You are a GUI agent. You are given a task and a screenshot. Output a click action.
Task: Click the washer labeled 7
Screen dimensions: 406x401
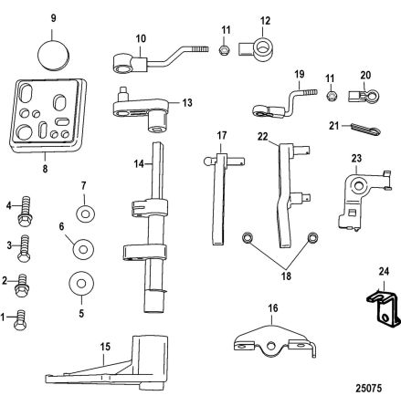pyautogui.click(x=84, y=214)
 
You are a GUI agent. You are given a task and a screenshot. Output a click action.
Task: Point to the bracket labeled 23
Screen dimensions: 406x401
pyautogui.click(x=354, y=193)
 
